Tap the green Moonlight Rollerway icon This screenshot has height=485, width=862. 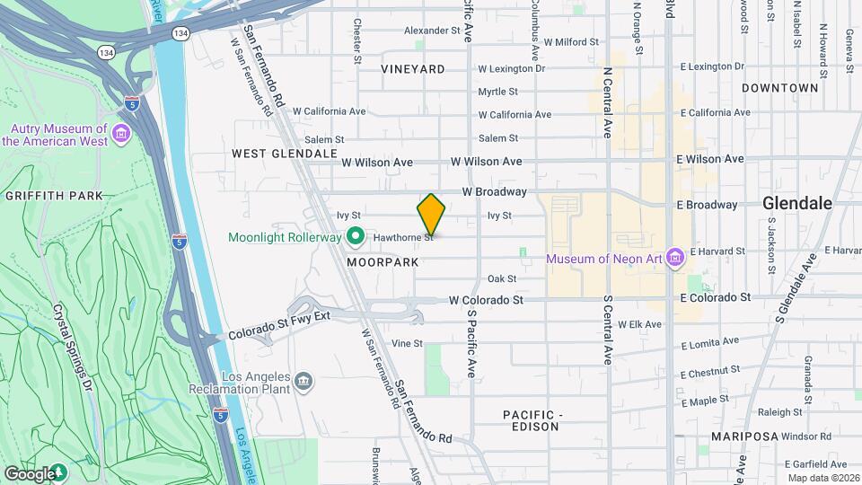coord(356,237)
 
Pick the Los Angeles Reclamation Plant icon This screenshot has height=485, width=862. coord(304,382)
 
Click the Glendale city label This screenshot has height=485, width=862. coord(796,203)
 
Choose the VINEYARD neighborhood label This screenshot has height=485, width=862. coord(412,69)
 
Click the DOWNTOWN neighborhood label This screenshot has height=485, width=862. coord(779,88)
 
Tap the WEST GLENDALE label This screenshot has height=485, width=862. coord(284,154)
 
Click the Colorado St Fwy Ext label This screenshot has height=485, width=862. coord(279,324)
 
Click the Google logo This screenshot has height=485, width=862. coord(29,473)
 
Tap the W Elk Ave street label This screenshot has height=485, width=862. coord(640,323)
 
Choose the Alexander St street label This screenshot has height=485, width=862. coord(431,31)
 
